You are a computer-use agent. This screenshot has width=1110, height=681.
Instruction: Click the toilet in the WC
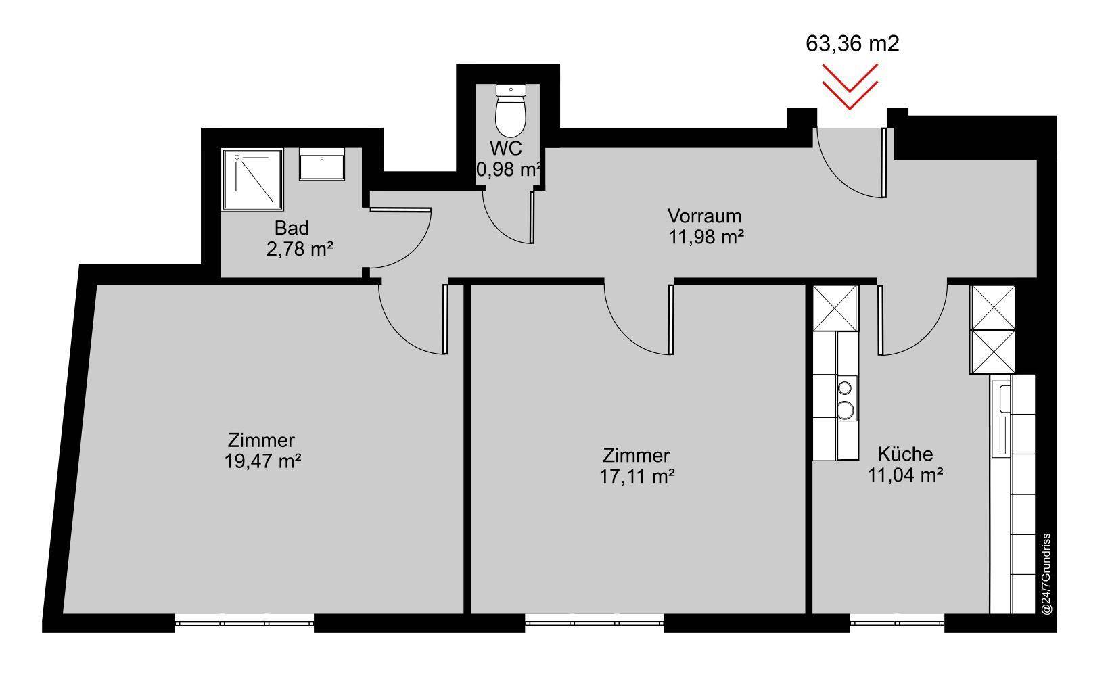pos(511,110)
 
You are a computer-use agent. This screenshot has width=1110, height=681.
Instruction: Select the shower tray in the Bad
pos(253,180)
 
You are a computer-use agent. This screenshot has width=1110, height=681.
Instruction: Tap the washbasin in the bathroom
pos(321,164)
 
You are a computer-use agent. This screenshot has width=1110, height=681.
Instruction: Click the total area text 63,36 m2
pos(852,43)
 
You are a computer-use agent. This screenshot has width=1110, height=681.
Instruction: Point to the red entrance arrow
pos(850,86)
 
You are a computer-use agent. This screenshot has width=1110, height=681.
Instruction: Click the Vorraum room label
pos(704,216)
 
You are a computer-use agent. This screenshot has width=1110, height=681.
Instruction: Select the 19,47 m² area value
pos(262,461)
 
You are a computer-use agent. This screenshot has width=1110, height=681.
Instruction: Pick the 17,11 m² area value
pos(637,477)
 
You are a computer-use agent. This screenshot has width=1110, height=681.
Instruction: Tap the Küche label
pos(905,454)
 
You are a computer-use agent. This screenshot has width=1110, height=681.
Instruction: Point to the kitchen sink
pos(1004,399)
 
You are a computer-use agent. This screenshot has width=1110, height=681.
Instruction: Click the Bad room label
pos(292,229)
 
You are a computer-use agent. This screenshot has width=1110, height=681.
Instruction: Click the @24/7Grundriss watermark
pos(1046,573)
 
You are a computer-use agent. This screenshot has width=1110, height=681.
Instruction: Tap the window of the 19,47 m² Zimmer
pos(244,623)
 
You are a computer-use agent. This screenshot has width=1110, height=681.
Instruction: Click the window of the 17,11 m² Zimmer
pos(594,623)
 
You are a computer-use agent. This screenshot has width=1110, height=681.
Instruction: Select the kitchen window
pos(897,623)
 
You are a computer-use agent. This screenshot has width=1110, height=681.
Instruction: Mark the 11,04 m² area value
pos(905,475)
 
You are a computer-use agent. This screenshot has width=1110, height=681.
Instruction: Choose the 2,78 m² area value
pos(299,249)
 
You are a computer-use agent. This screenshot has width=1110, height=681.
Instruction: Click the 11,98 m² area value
pos(706,237)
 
